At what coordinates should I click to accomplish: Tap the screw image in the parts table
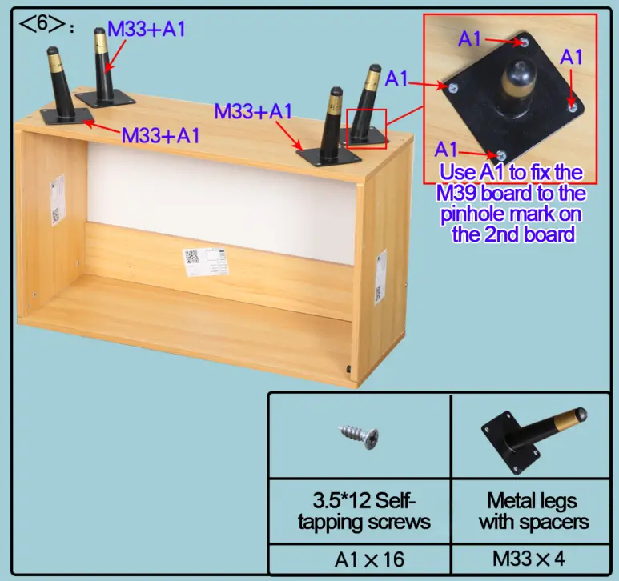pos(358,437)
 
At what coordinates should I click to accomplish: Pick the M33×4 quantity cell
pos(531,559)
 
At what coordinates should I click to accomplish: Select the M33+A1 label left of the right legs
pos(253,111)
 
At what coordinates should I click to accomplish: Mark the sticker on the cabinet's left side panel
pos(55,201)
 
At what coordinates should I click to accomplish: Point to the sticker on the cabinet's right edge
pos(380,272)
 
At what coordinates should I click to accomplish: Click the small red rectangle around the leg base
pos(366,128)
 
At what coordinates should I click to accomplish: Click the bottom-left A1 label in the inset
pos(447,148)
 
